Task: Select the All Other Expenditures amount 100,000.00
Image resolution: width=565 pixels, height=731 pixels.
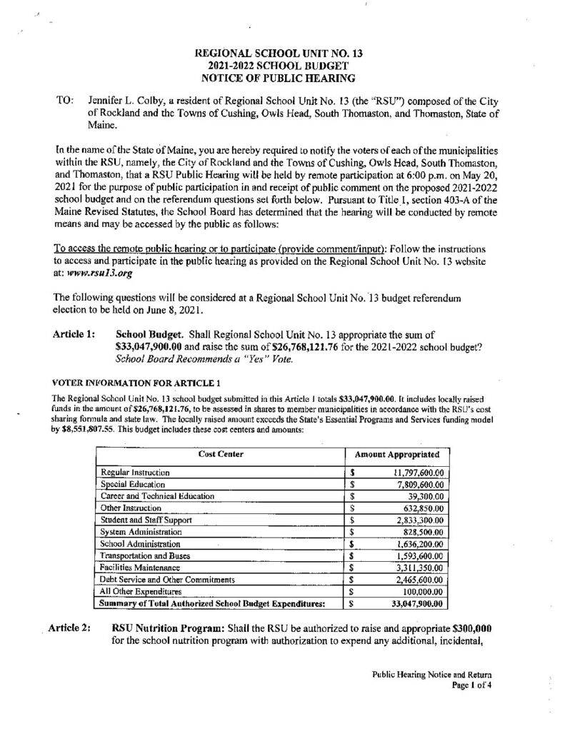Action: tap(421, 591)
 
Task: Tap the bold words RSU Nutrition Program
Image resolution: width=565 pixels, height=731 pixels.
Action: tap(169, 627)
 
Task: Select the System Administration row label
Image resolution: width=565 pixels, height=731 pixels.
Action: tap(142, 532)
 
